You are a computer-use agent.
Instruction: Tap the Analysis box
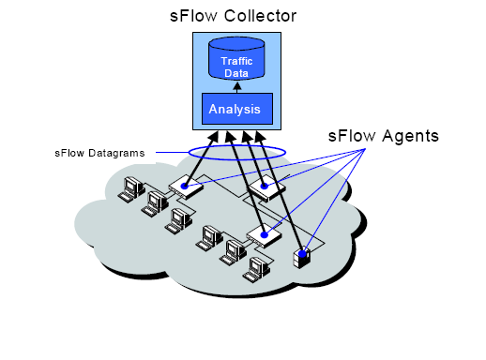(x=236, y=109)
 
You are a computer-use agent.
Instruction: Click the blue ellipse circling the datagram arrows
(x=237, y=151)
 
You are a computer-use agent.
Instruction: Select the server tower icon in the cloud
(x=302, y=256)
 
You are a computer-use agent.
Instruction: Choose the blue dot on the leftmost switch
(x=186, y=187)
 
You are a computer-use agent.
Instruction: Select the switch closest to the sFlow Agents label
(x=267, y=187)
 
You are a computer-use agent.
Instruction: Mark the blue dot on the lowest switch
(x=265, y=235)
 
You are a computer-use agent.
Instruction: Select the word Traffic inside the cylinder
(x=236, y=61)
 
